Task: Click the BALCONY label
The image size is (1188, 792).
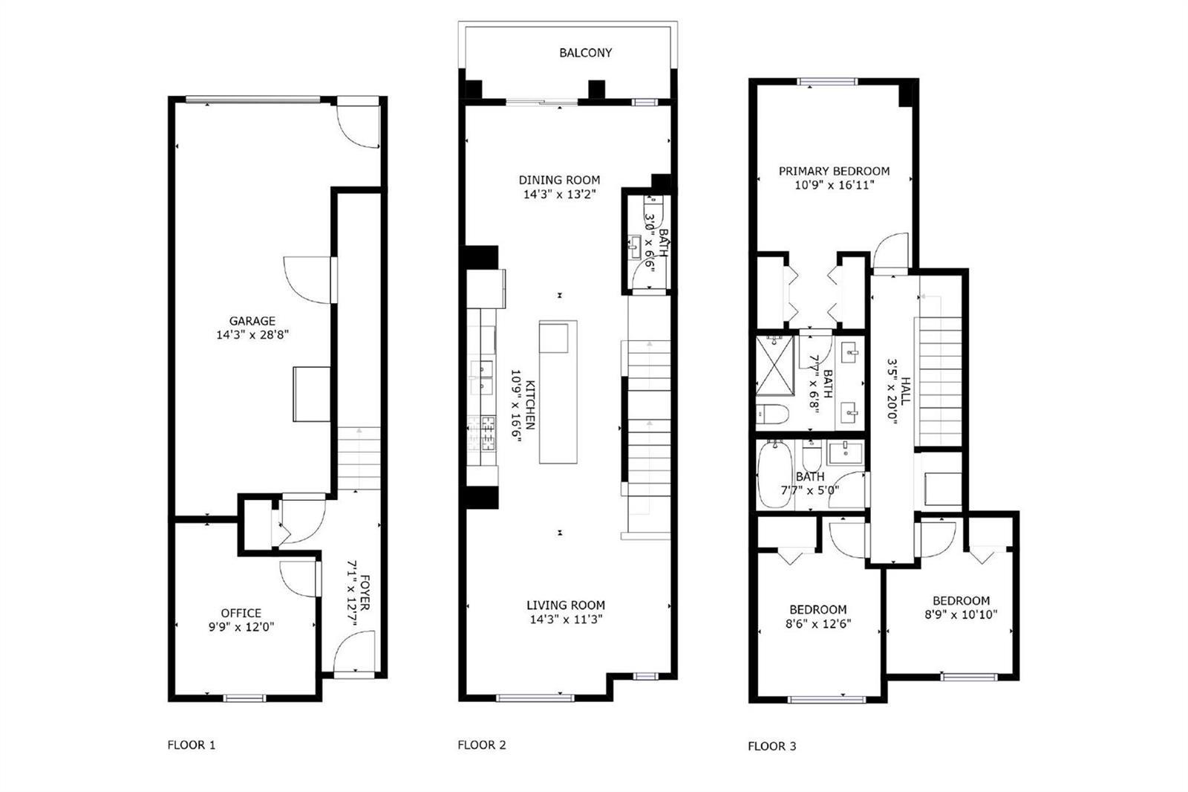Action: pyautogui.click(x=586, y=53)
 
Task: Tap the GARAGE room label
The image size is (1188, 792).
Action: pyautogui.click(x=252, y=321)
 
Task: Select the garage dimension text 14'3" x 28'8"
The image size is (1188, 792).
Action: pyautogui.click(x=252, y=335)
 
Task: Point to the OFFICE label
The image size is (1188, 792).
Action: pyautogui.click(x=241, y=613)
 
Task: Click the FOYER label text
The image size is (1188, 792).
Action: pyautogui.click(x=365, y=592)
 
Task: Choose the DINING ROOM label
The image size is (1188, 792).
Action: pyautogui.click(x=560, y=180)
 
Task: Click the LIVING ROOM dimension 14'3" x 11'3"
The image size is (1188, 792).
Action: pyautogui.click(x=566, y=619)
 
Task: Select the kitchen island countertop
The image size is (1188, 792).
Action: pyautogui.click(x=558, y=392)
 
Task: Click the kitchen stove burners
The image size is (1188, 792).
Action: pyautogui.click(x=483, y=433)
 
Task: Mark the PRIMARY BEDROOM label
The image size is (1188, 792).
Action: pyautogui.click(x=835, y=171)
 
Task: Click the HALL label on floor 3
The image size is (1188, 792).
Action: pyautogui.click(x=905, y=391)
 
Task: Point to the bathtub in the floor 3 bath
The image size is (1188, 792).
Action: pyautogui.click(x=775, y=474)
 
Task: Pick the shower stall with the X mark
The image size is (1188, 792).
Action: pyautogui.click(x=775, y=366)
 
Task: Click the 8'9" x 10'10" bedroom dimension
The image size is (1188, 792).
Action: pyautogui.click(x=961, y=614)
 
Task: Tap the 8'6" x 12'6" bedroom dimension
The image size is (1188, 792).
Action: pyautogui.click(x=817, y=624)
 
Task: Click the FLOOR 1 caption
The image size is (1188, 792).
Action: pyautogui.click(x=192, y=745)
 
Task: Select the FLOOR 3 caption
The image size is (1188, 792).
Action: pyautogui.click(x=771, y=747)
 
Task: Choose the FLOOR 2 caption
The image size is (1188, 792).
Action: pyautogui.click(x=482, y=745)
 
